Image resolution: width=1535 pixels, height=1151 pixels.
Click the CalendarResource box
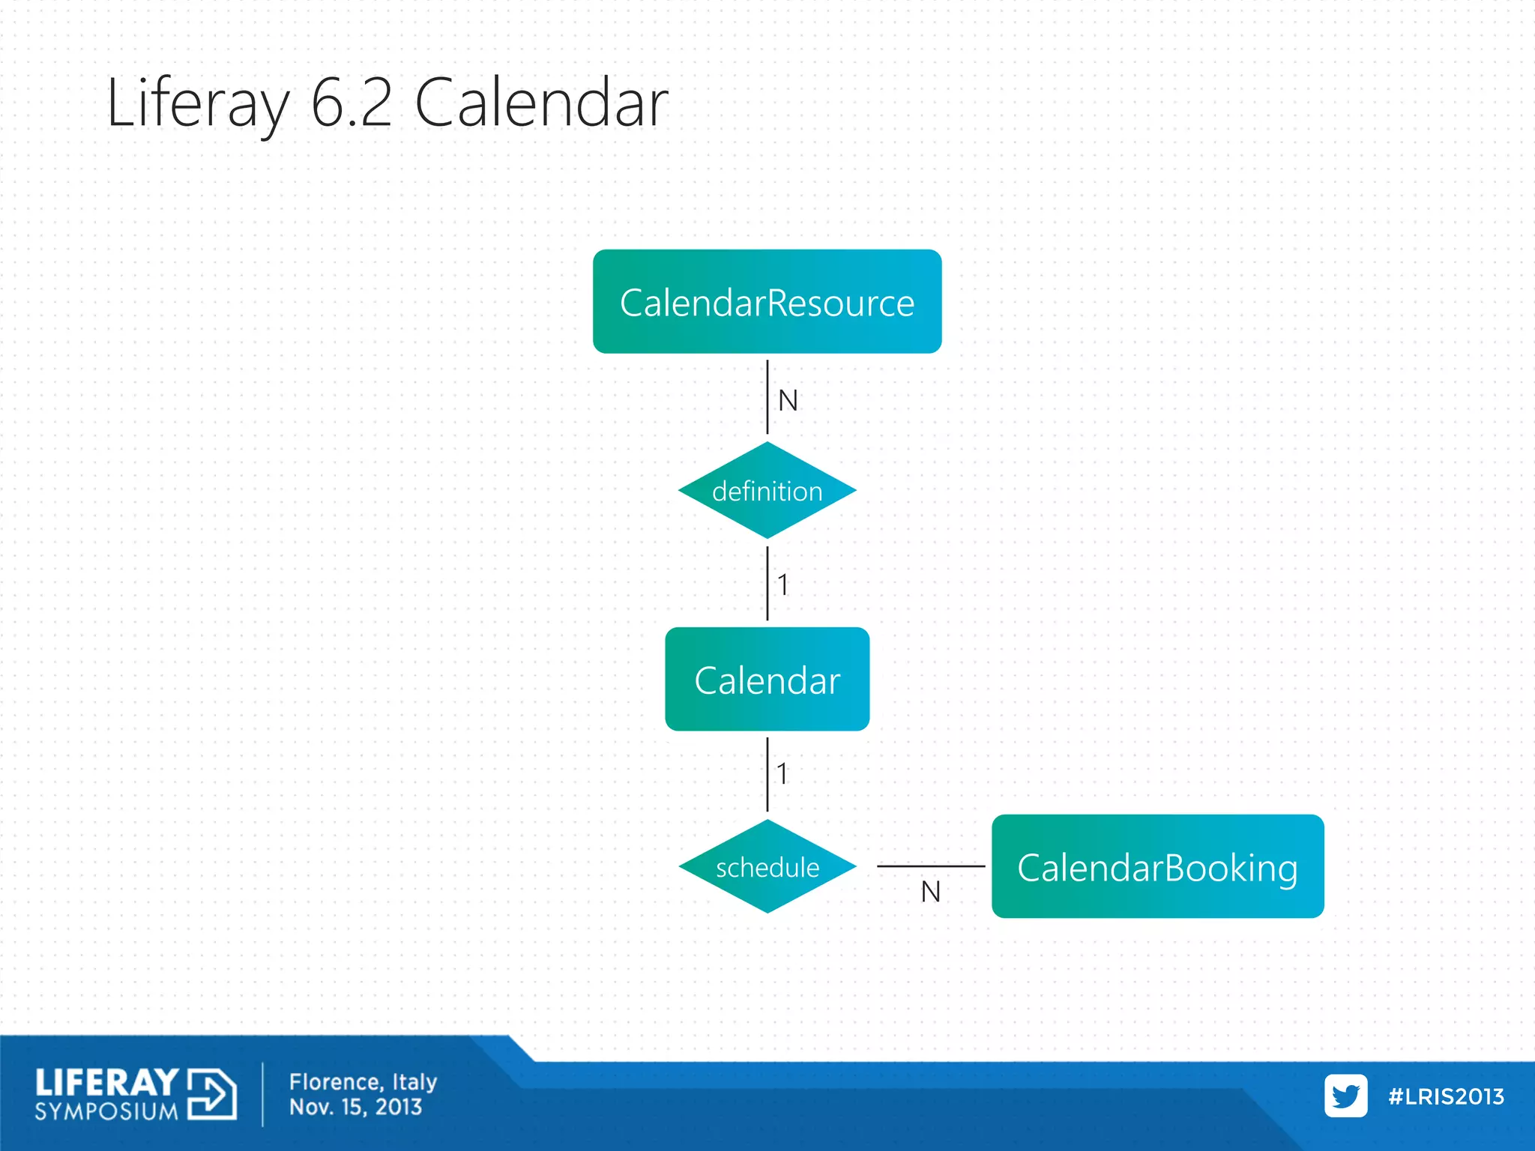point(767,302)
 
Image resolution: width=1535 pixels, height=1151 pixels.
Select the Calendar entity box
point(767,680)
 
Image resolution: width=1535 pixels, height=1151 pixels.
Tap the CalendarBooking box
point(1157,867)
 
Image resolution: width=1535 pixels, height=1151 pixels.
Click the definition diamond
point(767,491)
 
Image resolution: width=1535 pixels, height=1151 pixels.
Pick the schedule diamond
point(767,867)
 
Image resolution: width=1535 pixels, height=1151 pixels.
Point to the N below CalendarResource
point(788,401)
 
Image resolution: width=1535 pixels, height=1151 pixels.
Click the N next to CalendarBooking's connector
point(930,892)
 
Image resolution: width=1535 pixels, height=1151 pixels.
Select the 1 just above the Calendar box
point(782,584)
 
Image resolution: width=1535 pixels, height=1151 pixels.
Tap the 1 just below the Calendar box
point(782,773)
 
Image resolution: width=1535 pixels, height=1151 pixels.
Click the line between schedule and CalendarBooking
point(930,866)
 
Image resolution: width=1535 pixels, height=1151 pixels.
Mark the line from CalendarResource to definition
point(767,397)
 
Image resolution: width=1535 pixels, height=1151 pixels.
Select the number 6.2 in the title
point(351,103)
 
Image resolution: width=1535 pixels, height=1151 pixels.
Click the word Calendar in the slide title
point(540,103)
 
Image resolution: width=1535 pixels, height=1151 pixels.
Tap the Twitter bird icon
point(1345,1096)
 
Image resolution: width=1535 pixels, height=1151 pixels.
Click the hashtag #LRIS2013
point(1446,1096)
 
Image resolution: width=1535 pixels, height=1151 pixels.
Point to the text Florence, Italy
point(363,1082)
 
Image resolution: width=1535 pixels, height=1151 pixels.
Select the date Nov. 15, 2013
point(355,1108)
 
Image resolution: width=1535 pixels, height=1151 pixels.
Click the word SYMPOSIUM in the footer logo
point(106,1111)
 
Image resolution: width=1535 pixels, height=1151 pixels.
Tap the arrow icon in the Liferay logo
point(212,1094)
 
